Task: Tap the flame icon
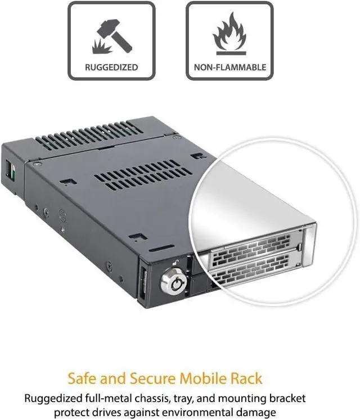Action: pyautogui.click(x=229, y=35)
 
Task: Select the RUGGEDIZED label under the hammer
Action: pyautogui.click(x=111, y=67)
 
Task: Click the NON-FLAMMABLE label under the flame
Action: pyautogui.click(x=229, y=67)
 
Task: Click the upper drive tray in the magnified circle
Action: pyautogui.click(x=253, y=247)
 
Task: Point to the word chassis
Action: pyautogui.click(x=152, y=399)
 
